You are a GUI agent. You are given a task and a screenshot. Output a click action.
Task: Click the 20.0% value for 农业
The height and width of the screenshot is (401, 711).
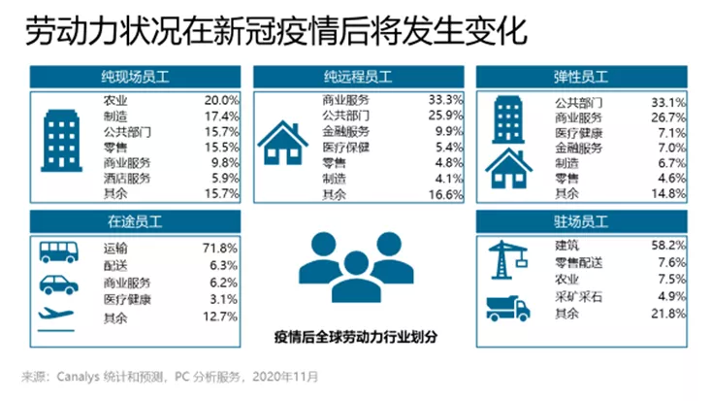(220, 100)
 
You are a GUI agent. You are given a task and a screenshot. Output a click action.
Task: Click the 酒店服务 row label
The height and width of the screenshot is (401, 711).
(126, 179)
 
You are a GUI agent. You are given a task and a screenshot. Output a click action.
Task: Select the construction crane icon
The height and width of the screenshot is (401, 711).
(510, 255)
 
